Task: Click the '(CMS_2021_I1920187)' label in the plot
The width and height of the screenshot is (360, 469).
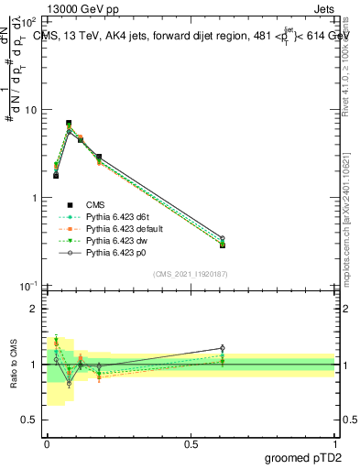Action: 191,275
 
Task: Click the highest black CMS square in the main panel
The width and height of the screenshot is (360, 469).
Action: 69,123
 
